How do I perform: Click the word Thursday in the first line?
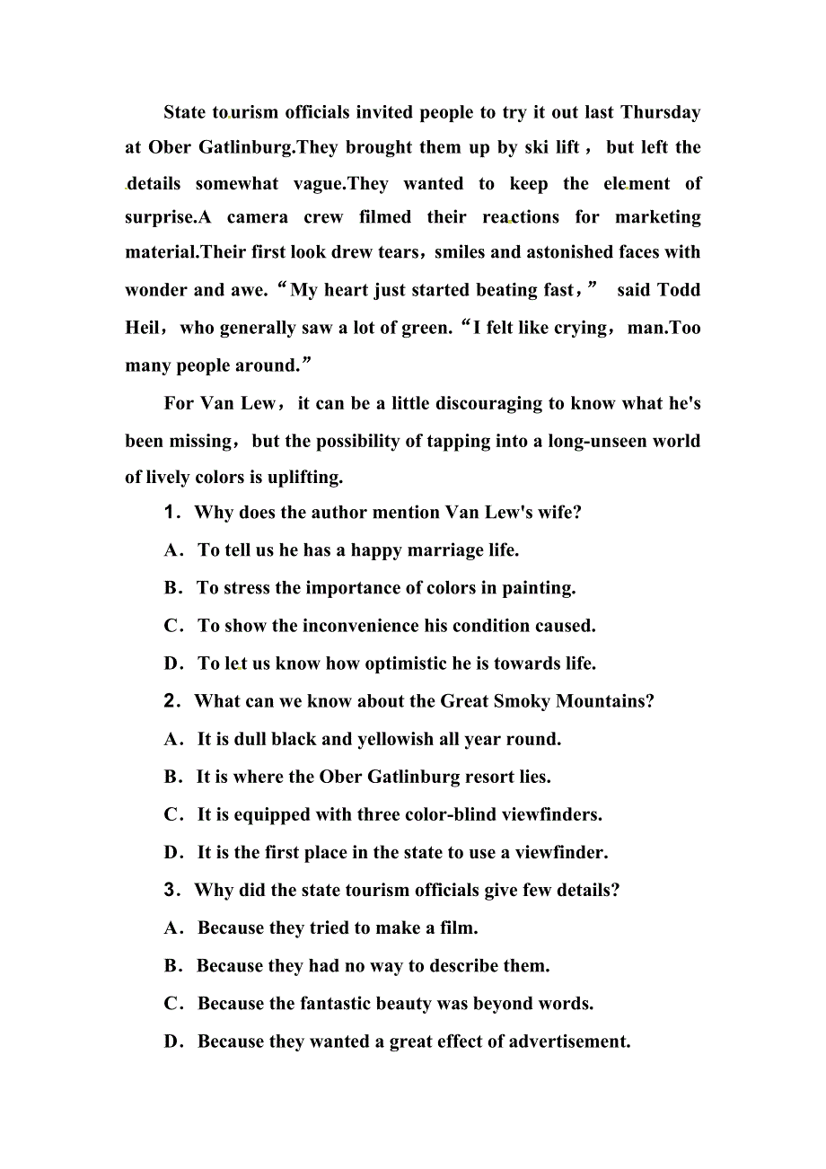pyautogui.click(x=660, y=112)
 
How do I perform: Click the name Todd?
pyautogui.click(x=679, y=290)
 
